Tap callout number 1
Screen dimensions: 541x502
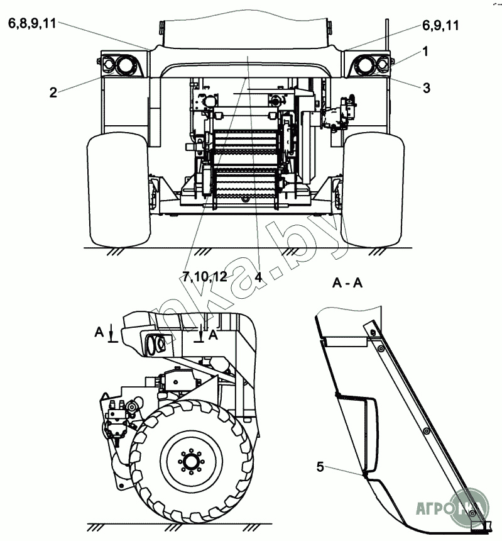click(425, 52)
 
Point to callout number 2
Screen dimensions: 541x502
click(53, 92)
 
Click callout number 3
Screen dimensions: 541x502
click(426, 89)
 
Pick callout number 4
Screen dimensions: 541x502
click(258, 276)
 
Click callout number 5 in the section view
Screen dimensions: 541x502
click(320, 467)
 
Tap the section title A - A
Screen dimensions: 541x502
click(347, 284)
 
